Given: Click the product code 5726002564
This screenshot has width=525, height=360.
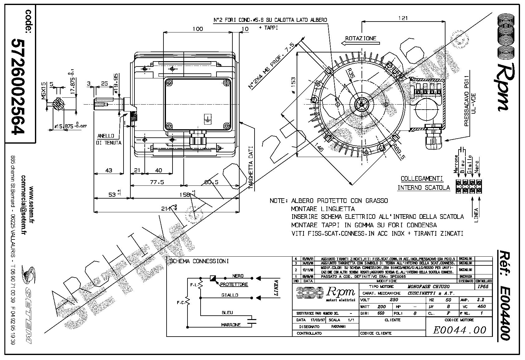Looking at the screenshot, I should coord(18,86).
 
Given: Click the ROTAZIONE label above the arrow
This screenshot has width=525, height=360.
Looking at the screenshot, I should coord(361,39).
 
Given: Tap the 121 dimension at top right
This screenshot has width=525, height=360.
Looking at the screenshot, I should coord(403,18).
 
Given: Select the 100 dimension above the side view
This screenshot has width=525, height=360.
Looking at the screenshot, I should coord(197,29).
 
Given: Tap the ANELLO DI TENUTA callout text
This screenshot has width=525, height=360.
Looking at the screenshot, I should coord(109,139).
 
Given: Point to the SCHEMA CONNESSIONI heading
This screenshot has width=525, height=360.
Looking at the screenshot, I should coord(199,261).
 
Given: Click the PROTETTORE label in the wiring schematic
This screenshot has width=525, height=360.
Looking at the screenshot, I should coord(234,284).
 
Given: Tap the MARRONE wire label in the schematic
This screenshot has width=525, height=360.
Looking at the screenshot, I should coord(231,325).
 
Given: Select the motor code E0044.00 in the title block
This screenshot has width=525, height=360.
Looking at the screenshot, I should coord(459,330).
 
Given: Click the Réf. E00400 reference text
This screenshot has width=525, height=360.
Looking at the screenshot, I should coord(503,295).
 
